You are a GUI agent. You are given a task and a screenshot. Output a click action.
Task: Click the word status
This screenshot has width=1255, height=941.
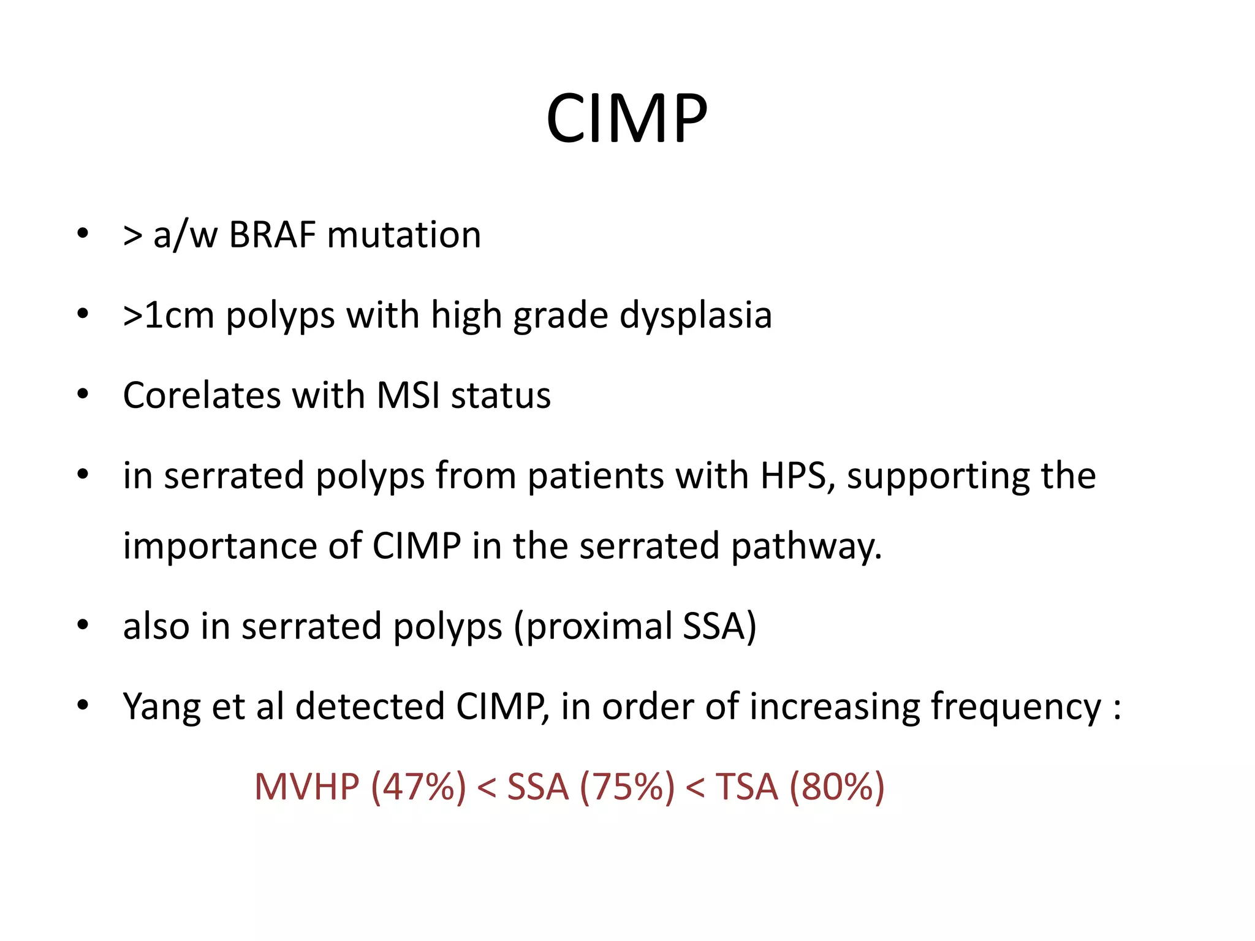tap(501, 395)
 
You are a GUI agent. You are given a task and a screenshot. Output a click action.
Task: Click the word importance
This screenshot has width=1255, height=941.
tap(220, 545)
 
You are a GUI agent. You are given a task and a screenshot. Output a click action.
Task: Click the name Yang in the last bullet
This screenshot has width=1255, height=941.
tap(161, 707)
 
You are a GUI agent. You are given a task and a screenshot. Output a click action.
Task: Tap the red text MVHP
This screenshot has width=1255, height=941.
tap(306, 787)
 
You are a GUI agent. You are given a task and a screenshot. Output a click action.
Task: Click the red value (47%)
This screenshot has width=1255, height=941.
tap(419, 787)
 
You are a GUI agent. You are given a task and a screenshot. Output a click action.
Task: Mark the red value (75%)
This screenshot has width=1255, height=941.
tap(626, 787)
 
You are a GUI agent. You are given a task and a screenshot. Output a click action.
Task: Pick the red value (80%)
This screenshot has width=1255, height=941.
tap(836, 787)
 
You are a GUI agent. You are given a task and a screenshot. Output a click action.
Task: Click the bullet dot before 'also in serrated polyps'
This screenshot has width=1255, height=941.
tap(83, 625)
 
